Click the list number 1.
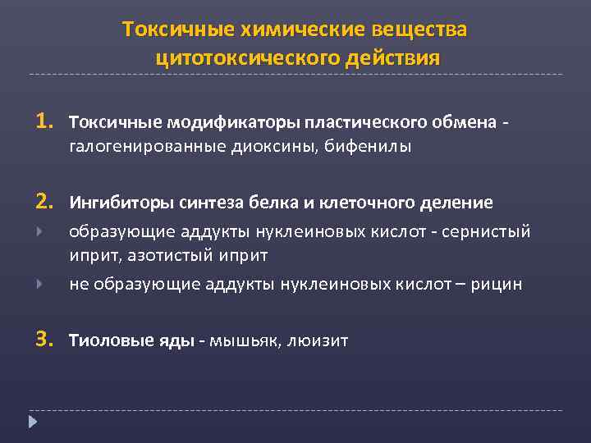pyautogui.click(x=43, y=122)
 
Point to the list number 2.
pyautogui.click(x=43, y=202)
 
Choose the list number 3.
pyautogui.click(x=43, y=338)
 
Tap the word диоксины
pyautogui.click(x=265, y=147)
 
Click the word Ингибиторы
pyautogui.click(x=115, y=203)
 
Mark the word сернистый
pyautogui.click(x=490, y=232)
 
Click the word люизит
pyautogui.click(x=318, y=339)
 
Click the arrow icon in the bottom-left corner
pyautogui.click(x=33, y=422)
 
